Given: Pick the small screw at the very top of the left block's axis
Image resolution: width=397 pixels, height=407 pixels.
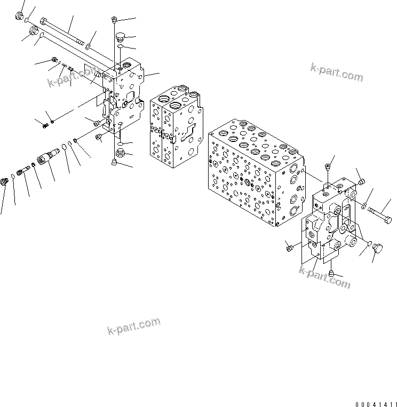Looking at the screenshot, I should (115, 20).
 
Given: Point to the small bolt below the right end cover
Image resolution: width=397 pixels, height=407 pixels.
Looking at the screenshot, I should (331, 274).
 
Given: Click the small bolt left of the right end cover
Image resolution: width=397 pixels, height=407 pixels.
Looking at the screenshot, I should (289, 248).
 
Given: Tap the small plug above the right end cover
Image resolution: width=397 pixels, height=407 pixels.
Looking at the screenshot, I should (327, 169).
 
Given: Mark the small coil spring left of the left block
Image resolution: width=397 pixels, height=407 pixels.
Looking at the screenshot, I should (45, 125).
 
